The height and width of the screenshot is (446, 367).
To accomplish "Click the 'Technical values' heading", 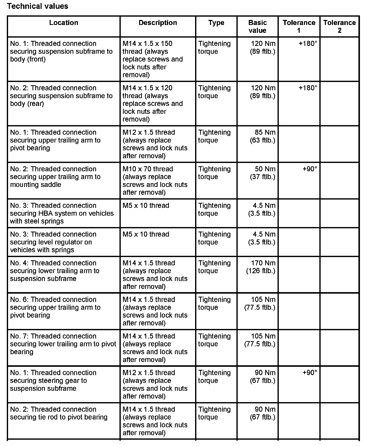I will coord(38,6).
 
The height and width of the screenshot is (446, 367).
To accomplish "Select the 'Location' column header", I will coord(64,23).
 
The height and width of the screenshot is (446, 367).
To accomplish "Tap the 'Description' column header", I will coord(158,23).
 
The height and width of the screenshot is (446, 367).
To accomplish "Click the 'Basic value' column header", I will coord(257,26).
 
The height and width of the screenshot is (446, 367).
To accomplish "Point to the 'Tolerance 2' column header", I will coord(339,26).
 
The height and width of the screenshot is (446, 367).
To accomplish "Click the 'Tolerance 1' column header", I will coord(299,26).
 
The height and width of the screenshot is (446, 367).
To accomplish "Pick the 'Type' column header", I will coord(216,23).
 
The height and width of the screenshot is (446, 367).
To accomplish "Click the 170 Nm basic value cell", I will coord(261,267).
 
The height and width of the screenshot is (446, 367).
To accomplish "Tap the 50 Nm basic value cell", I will coord(263,173).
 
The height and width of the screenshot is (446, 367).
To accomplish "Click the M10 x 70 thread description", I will coord(155,180).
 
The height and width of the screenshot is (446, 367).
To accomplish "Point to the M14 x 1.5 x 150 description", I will coord(152,59).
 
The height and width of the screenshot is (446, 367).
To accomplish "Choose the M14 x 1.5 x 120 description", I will coord(152,103).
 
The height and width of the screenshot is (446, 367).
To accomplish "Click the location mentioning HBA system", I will coord(62,213).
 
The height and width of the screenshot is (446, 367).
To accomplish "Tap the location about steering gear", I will coord(53,380).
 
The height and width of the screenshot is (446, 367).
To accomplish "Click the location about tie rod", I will coord(59,413).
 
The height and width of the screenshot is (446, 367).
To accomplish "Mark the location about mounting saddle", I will coord(55,177).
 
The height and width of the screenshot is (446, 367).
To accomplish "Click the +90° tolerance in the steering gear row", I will coord(310,373).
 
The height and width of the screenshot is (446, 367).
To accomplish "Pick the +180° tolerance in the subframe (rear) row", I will coord(308,88).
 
